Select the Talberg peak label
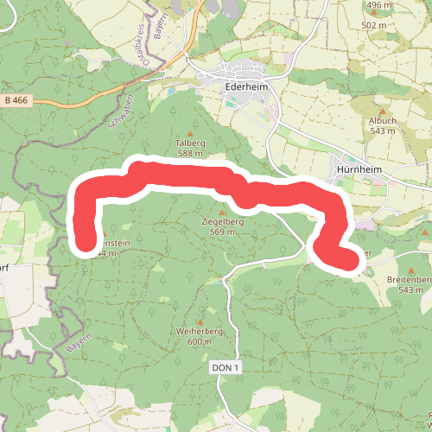tap(190, 143)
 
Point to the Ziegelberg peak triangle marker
tap(223, 211)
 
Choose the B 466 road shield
tap(16, 101)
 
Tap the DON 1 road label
tap(223, 368)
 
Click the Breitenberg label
tap(410, 280)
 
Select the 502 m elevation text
tap(374, 26)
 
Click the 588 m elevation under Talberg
tap(190, 154)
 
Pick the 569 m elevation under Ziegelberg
tap(223, 232)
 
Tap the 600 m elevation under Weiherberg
tap(199, 341)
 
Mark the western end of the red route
tap(85, 244)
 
